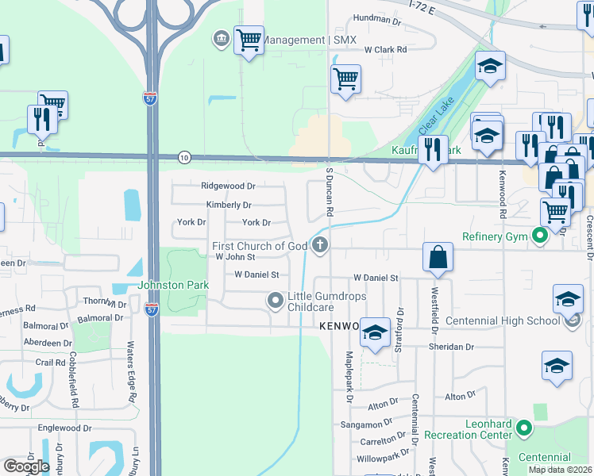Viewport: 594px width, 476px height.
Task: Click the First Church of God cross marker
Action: (x=321, y=245)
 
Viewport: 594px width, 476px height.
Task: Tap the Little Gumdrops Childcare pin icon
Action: (x=276, y=300)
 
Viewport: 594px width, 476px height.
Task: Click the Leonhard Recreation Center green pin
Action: (x=523, y=428)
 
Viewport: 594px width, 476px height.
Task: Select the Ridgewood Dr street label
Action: (x=228, y=186)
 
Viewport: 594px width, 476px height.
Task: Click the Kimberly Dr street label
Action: (x=229, y=205)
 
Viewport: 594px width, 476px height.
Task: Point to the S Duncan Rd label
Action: (x=329, y=193)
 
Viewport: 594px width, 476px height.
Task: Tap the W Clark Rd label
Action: (x=385, y=49)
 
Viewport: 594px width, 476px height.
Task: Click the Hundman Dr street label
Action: (x=378, y=17)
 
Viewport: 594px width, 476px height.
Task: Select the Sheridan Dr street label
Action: (x=451, y=347)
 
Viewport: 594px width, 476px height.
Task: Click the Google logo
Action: (x=26, y=466)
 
